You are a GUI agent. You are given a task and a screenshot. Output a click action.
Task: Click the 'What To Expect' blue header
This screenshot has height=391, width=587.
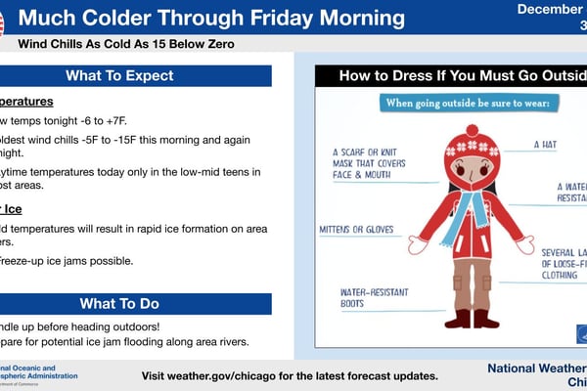coord(133,76)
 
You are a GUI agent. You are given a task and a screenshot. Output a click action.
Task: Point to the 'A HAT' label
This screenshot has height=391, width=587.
coord(545,144)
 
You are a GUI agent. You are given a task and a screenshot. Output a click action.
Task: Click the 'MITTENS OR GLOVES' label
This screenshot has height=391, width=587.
coord(356,231)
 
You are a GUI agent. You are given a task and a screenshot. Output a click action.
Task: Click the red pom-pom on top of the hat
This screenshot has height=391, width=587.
coord(472,131)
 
